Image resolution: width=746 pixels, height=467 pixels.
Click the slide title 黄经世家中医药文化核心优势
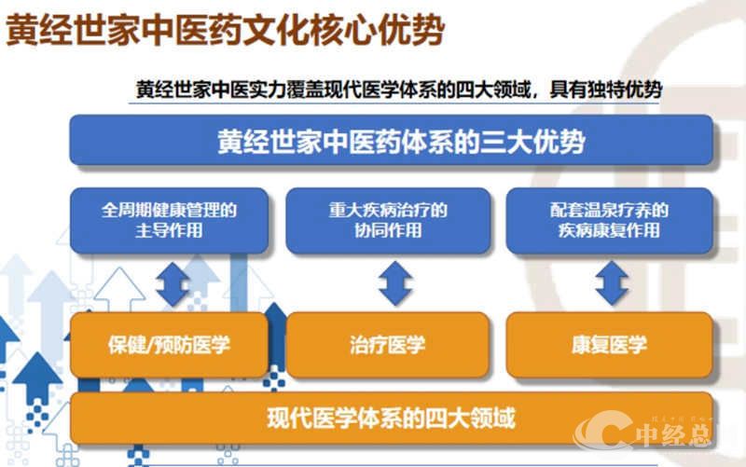224,30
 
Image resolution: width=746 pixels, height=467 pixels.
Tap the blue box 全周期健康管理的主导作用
169,220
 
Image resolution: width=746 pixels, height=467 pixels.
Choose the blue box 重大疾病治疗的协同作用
387,220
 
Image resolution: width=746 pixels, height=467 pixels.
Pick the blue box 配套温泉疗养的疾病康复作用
609,220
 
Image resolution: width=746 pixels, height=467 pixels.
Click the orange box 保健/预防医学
169,344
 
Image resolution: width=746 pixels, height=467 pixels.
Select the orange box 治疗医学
387,344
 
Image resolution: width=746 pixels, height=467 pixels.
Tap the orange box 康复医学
609,344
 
